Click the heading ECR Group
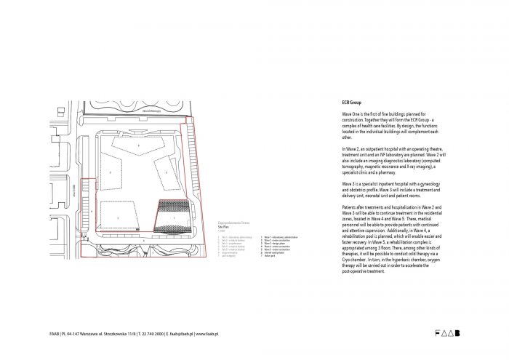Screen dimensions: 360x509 click(350, 103)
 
